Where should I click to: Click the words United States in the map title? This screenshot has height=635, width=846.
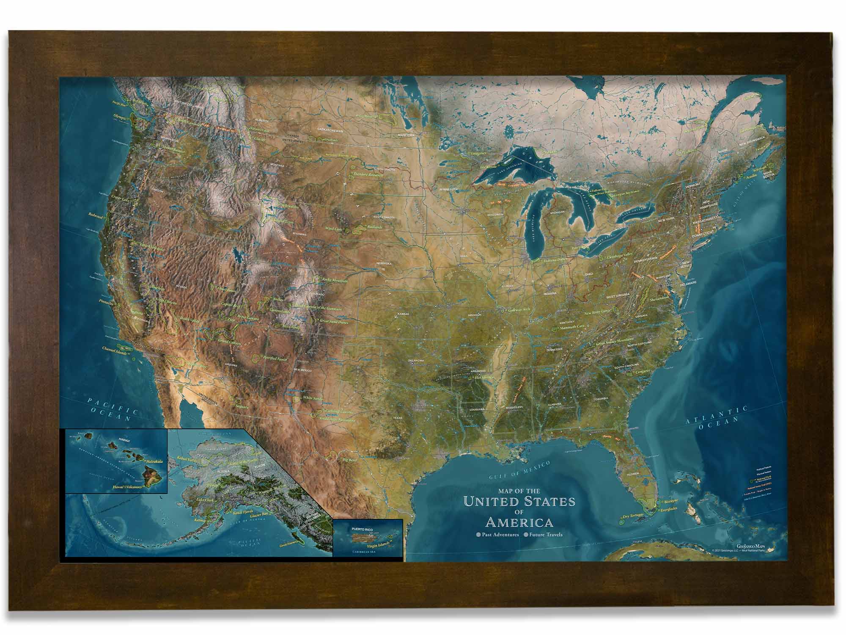(x=519, y=502)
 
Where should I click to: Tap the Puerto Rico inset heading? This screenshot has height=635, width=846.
(x=357, y=529)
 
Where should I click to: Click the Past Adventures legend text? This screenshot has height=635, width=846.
(x=500, y=535)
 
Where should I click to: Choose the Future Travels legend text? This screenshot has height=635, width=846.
(x=546, y=535)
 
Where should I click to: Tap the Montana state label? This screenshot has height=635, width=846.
(x=277, y=165)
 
